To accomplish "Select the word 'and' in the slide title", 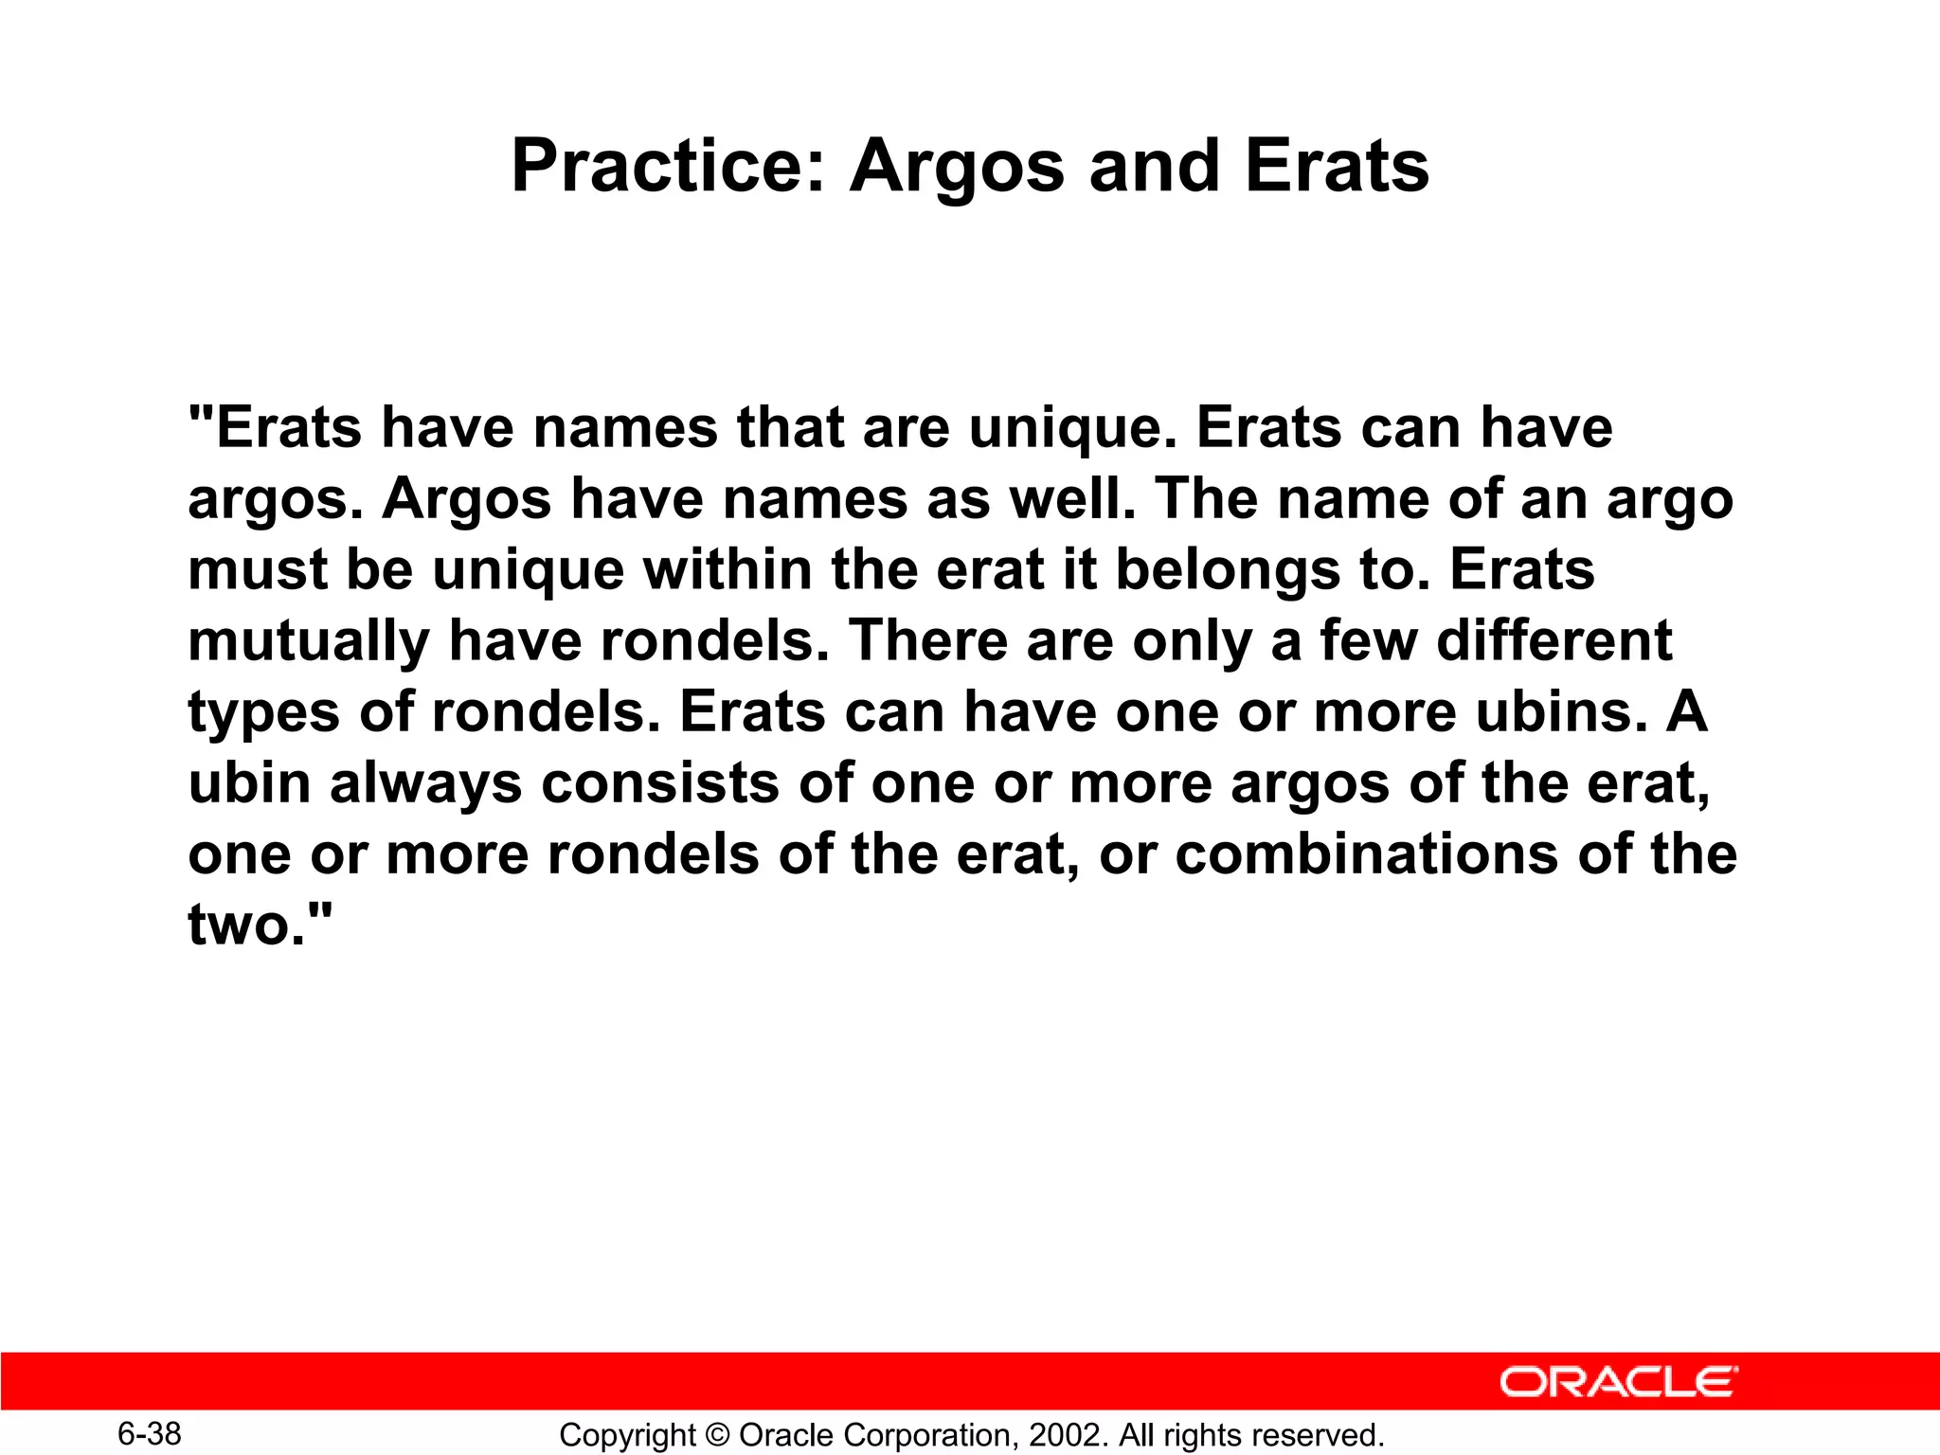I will (1153, 167).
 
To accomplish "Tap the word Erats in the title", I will (1336, 167).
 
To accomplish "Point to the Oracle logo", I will (1618, 1382).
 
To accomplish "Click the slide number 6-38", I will (150, 1433).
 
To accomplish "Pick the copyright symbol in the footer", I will (717, 1435).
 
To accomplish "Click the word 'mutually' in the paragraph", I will (309, 642).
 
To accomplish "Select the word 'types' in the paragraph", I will (264, 713).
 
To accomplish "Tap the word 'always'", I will (425, 784).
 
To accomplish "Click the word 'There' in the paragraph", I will (927, 641).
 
